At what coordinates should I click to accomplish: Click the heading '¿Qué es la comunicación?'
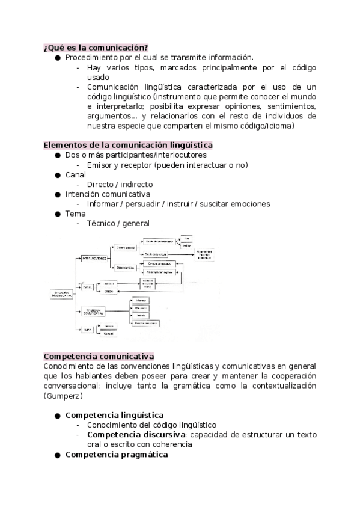tap(96, 48)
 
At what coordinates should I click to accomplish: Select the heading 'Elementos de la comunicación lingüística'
tap(128, 145)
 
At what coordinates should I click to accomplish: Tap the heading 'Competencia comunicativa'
tap(99, 356)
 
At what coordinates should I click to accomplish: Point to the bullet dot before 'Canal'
tap(58, 174)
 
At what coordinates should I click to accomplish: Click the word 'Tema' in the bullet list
tap(75, 213)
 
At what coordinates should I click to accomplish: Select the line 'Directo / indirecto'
tap(120, 184)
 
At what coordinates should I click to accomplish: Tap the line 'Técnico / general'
tap(118, 223)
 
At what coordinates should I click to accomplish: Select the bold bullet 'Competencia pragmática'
tap(116, 455)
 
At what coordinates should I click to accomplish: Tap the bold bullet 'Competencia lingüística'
tap(114, 415)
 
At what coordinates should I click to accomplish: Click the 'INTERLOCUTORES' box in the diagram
tap(93, 259)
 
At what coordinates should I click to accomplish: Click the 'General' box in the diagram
tap(109, 333)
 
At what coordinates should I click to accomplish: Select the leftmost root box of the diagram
tap(61, 295)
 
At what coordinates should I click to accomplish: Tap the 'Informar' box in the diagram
tap(140, 298)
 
